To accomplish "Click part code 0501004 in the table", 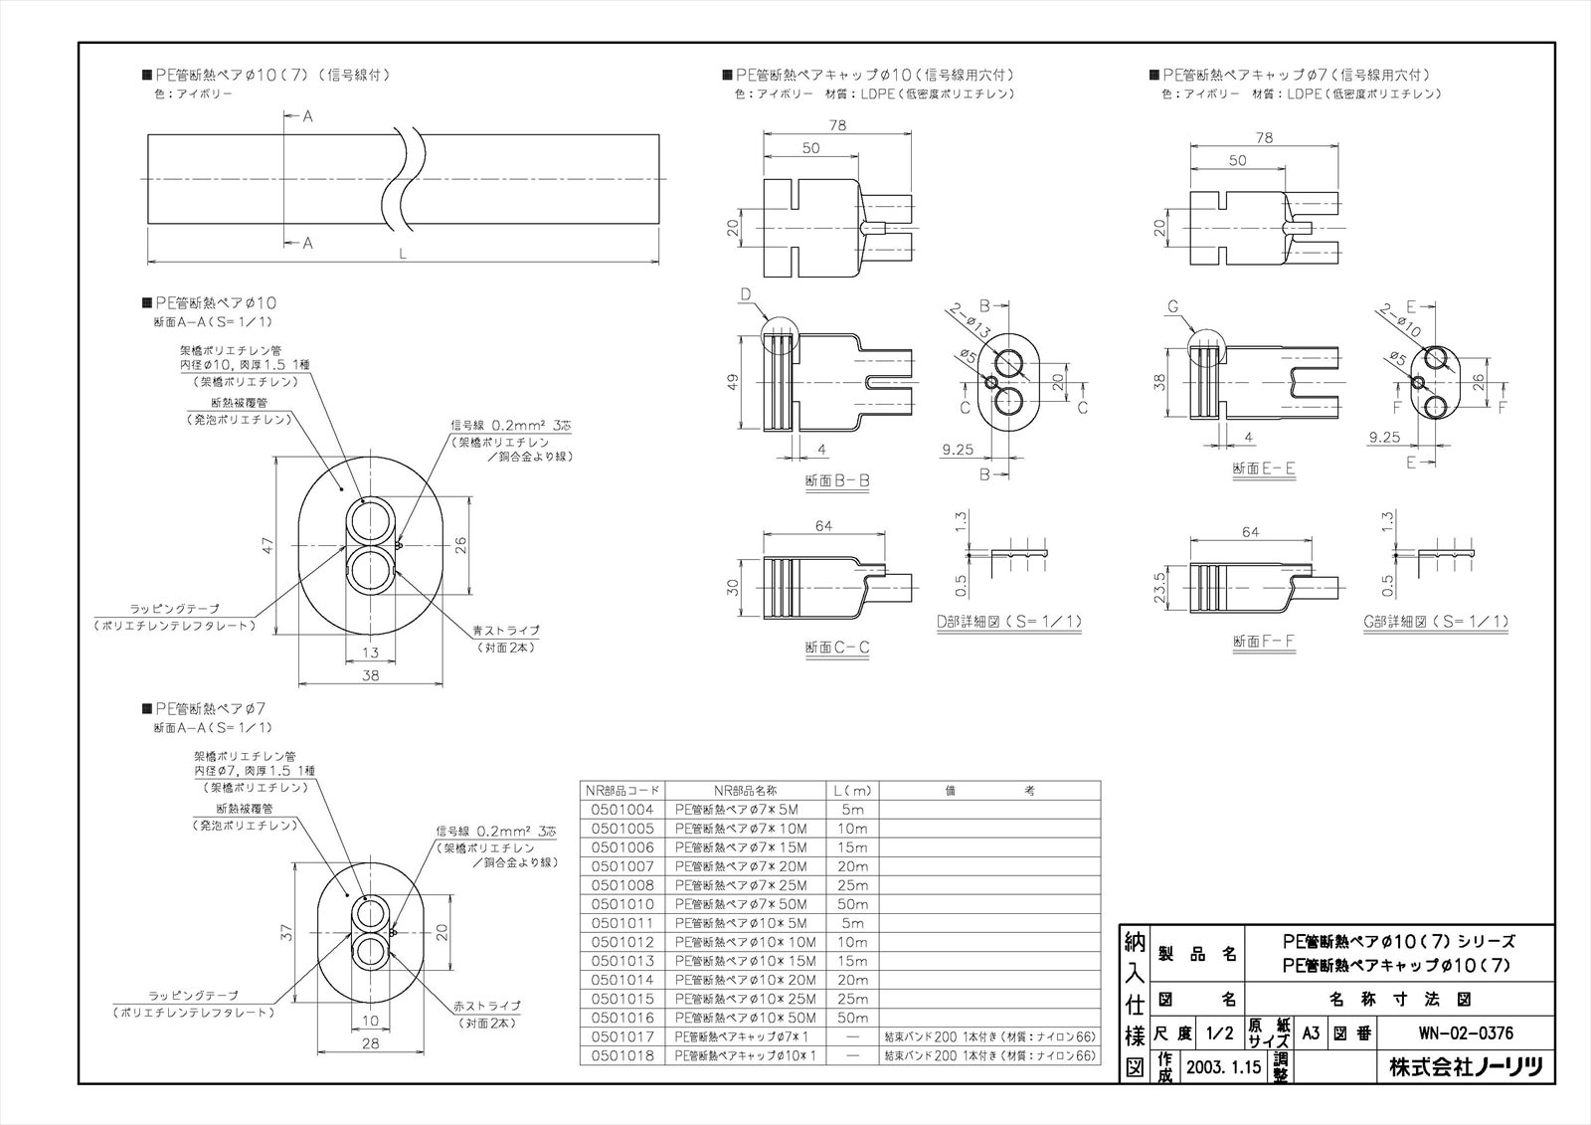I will (x=621, y=810).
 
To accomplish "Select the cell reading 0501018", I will (x=621, y=1055).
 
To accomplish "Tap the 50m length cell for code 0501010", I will (x=852, y=904).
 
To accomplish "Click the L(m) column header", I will (x=852, y=791).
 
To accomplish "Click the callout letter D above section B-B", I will (x=746, y=293).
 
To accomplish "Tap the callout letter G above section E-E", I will (x=1172, y=307).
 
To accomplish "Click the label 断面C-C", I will (x=837, y=648).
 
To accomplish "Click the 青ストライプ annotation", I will (x=506, y=631).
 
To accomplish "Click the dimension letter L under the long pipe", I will (x=403, y=255).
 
